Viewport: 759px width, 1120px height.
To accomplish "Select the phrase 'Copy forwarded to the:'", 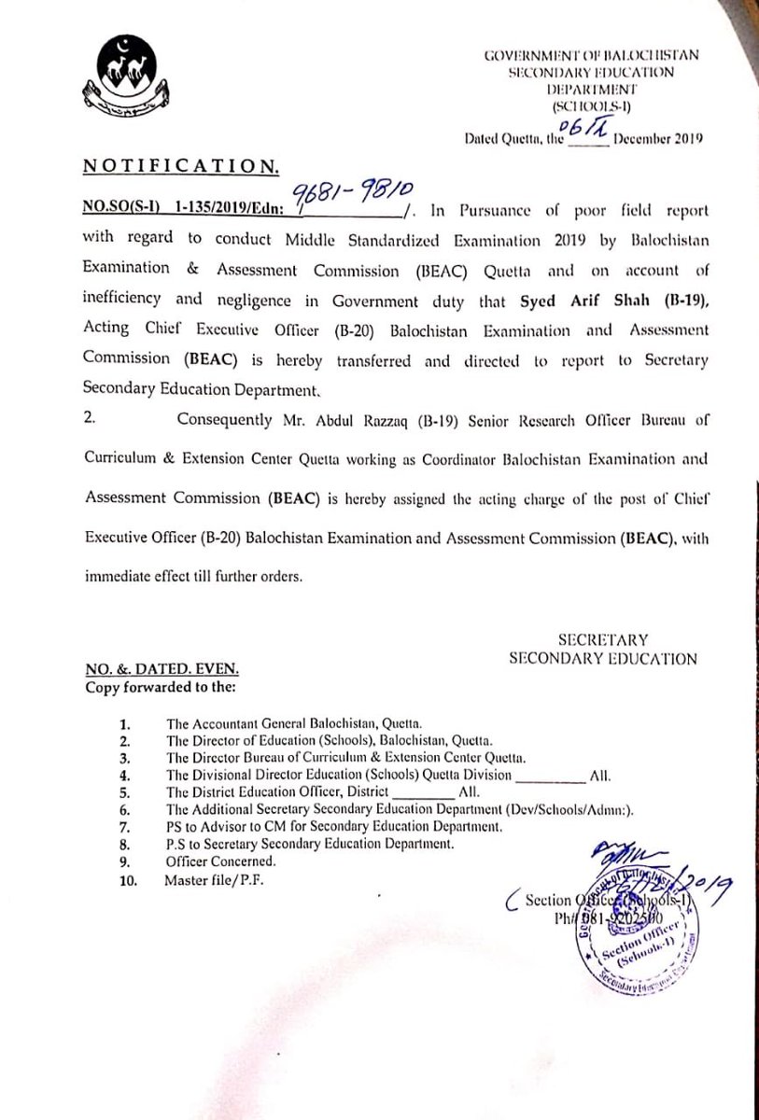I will coord(149,688).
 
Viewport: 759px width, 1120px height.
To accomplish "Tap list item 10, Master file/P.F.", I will coord(215,878).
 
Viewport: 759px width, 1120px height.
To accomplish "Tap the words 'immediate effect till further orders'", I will coord(180,576).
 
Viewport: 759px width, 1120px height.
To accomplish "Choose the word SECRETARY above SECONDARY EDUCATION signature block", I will coord(602,640).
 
